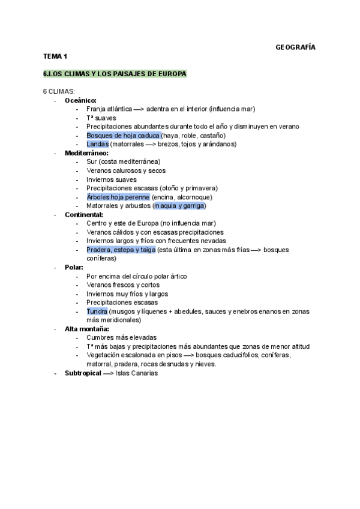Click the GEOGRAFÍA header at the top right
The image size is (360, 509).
[295, 47]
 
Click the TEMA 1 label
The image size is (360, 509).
[55, 56]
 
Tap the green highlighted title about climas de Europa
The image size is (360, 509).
[115, 74]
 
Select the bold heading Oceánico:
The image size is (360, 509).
[80, 100]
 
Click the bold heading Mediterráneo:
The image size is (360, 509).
[86, 153]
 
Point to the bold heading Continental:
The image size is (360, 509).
[83, 214]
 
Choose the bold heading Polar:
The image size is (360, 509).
[76, 267]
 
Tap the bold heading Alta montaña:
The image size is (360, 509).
[86, 329]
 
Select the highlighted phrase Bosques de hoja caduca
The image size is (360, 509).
[119, 136]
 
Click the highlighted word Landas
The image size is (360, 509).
[97, 144]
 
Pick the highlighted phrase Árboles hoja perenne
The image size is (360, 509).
[118, 197]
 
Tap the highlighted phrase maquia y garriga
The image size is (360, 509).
[179, 206]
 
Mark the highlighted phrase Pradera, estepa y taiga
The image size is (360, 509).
[121, 250]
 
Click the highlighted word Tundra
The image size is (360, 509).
[97, 312]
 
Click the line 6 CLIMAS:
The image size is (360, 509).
[59, 91]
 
